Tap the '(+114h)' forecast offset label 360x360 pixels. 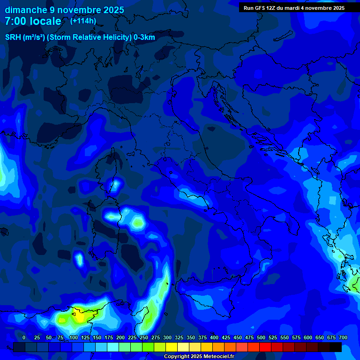83,21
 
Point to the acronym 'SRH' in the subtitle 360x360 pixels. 13,37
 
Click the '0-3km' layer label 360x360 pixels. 144,37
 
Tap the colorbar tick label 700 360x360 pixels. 343,337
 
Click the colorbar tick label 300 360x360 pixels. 167,337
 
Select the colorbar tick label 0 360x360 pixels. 24,337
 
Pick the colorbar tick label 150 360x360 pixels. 97,337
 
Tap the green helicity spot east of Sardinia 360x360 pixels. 138,223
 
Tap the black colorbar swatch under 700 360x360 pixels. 335,347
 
